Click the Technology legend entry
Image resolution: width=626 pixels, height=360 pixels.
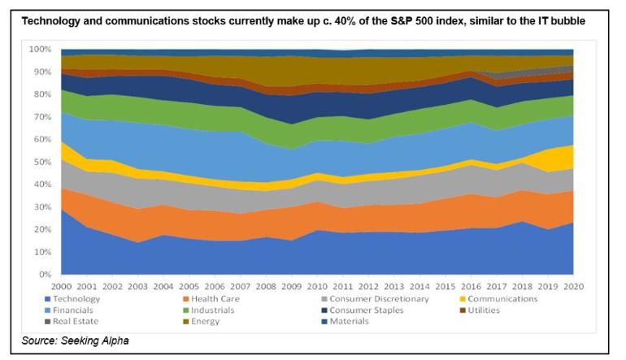coord(90,299)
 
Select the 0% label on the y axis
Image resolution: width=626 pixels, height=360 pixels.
coord(46,275)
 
